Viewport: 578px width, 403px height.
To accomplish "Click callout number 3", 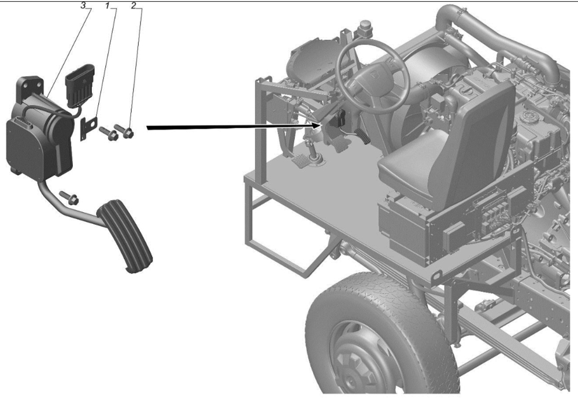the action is coord(84,6).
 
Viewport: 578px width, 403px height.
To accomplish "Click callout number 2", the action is coord(134,6).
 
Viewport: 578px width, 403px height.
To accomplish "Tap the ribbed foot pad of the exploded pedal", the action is coord(124,235).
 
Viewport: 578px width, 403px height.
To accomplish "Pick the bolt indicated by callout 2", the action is coord(124,131).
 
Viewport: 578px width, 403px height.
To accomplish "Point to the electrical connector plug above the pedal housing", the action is coord(80,84).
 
